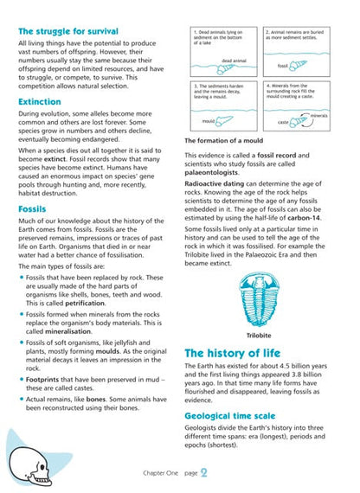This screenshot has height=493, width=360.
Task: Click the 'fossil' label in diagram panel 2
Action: tap(283, 65)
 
